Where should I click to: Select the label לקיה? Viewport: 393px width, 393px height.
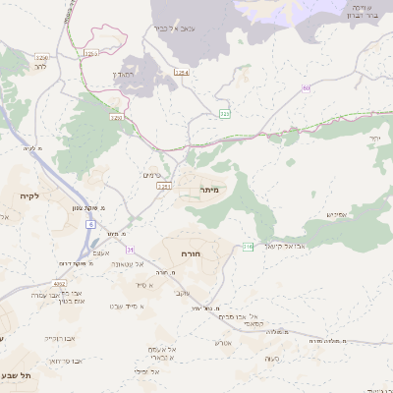pyautogui.click(x=28, y=196)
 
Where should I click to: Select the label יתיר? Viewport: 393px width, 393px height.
pyautogui.click(x=375, y=140)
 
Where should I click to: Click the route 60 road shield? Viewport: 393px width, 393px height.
pyautogui.click(x=307, y=88)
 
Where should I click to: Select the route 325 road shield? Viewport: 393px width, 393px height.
pyautogui.click(x=225, y=114)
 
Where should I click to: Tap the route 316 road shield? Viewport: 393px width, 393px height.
pyautogui.click(x=248, y=246)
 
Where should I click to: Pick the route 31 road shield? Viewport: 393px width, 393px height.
pyautogui.click(x=129, y=251)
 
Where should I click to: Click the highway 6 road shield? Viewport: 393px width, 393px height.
pyautogui.click(x=90, y=225)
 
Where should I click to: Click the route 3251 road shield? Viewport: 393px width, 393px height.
pyautogui.click(x=163, y=186)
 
